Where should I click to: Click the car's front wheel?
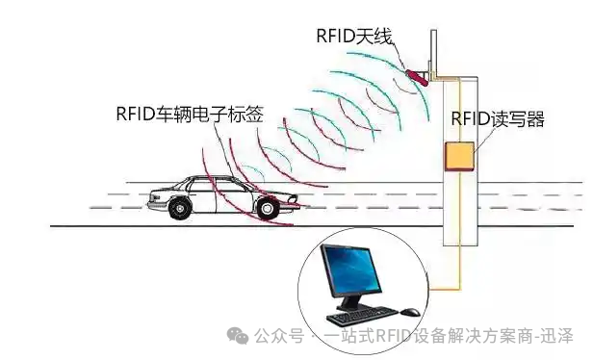[262, 205]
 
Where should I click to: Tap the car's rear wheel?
[178, 205]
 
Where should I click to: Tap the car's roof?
[207, 176]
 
